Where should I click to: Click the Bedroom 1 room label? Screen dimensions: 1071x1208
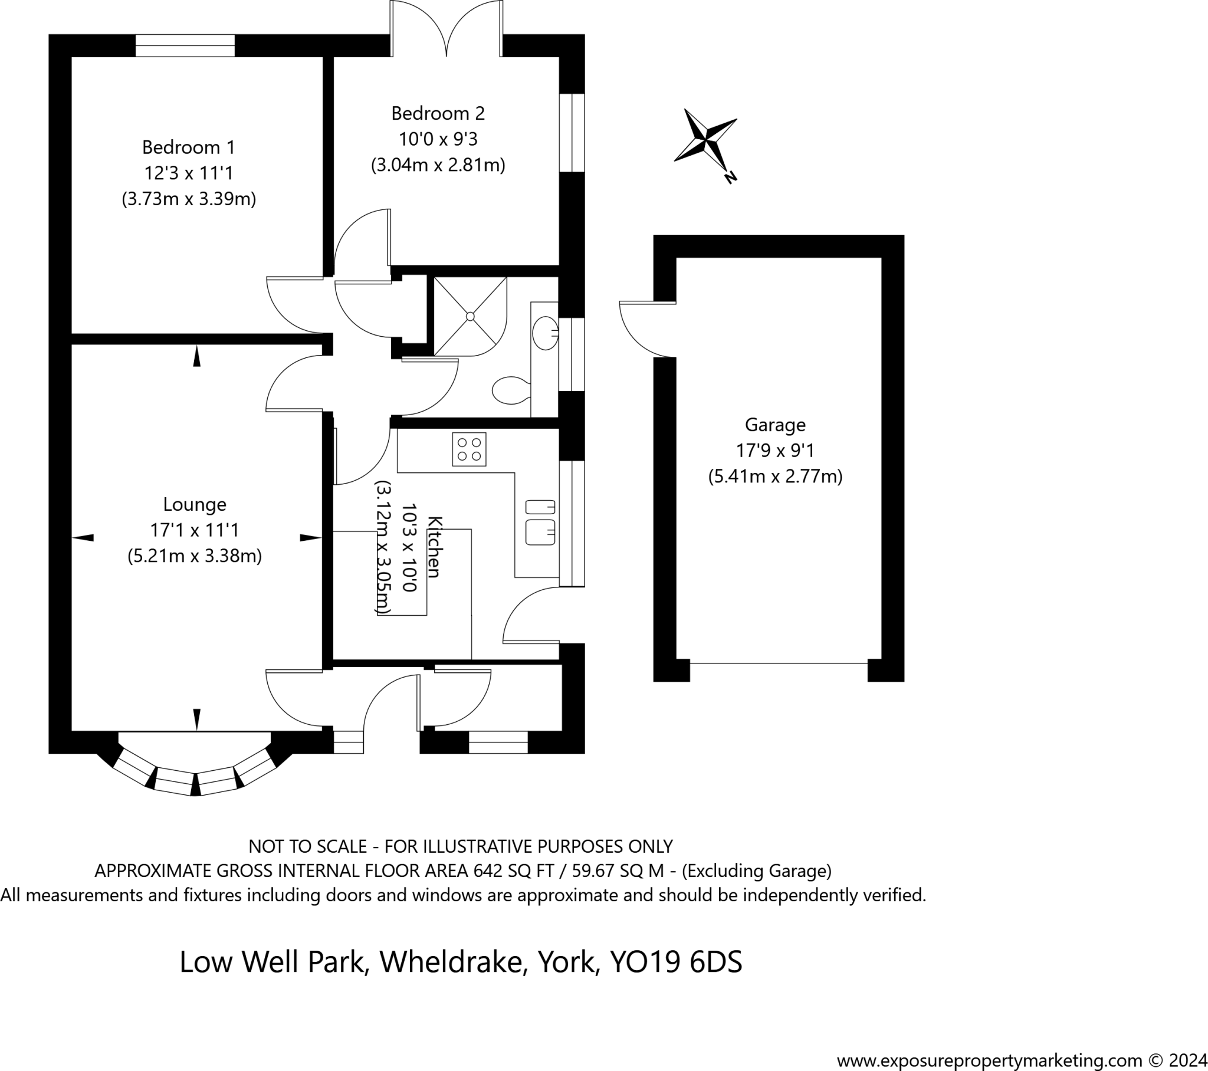click(189, 147)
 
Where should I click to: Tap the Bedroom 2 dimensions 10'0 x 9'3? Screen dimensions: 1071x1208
click(438, 140)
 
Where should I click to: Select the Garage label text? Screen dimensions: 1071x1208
click(775, 425)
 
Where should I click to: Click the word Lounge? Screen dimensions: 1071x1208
click(195, 505)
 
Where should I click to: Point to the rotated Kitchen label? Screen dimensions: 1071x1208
click(434, 547)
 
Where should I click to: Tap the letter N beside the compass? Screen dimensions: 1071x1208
click(731, 177)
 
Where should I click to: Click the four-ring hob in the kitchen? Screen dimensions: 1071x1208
click(470, 449)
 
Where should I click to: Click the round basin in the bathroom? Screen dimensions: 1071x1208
click(545, 333)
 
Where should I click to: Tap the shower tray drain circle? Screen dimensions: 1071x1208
click(471, 317)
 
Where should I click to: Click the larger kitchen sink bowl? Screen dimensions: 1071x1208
click(540, 532)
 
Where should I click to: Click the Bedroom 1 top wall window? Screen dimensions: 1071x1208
click(185, 45)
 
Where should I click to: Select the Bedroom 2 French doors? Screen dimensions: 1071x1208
click(446, 29)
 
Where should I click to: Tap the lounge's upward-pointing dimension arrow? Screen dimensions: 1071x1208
click(197, 357)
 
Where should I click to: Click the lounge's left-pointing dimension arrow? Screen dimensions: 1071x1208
click(83, 537)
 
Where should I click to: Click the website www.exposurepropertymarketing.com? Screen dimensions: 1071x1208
click(989, 1061)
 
